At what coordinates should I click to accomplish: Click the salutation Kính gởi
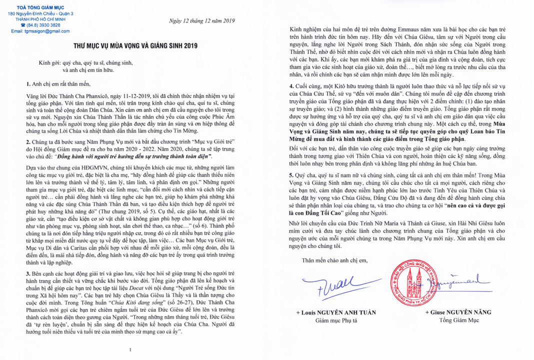click(x=49, y=63)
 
